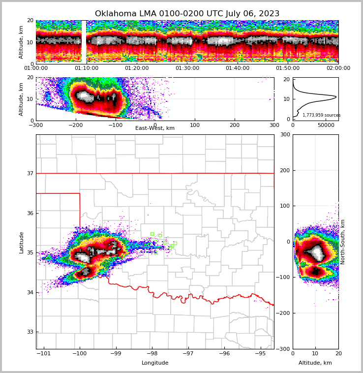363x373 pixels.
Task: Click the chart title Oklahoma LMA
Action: coord(187,14)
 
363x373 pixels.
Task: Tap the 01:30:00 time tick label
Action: coord(187,68)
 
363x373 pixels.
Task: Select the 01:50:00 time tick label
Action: coord(288,68)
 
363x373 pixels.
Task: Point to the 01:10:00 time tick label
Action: coord(87,68)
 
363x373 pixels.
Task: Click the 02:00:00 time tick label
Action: coord(338,68)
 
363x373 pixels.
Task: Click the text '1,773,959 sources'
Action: coord(321,115)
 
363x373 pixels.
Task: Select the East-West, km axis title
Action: coord(155,128)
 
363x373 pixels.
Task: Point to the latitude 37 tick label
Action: coord(30,173)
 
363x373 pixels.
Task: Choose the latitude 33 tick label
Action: coord(30,332)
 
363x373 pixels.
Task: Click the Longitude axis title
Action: coord(155,363)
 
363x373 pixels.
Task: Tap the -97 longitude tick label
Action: coord(188,353)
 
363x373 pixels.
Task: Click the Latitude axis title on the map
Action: coord(22,242)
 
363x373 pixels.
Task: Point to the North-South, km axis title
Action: coord(343,242)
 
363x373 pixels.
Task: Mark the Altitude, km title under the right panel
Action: coord(315,363)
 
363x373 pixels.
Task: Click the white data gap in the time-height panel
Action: coord(84,42)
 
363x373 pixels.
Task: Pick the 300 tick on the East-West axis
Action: coord(274,125)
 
